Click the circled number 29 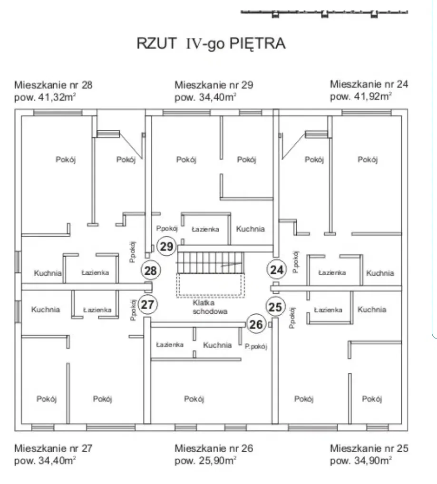[166, 246]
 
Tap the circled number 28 [150, 271]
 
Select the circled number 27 [148, 305]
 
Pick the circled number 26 [256, 325]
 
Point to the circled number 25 [275, 307]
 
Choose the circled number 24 [277, 270]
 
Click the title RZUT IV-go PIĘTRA [211, 44]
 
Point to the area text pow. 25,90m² [206, 460]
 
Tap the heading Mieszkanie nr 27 [53, 448]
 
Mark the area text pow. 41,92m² [361, 97]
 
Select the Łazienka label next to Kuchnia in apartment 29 [205, 229]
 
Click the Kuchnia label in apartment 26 [217, 345]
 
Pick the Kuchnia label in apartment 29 [251, 229]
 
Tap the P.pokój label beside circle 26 [256, 347]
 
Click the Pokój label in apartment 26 [194, 399]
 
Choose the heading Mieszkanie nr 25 [369, 448]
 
